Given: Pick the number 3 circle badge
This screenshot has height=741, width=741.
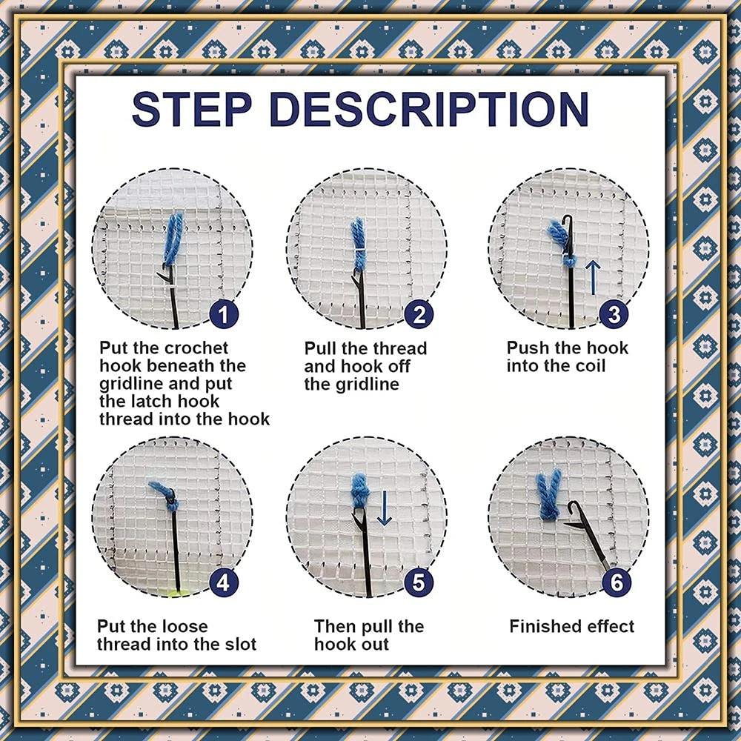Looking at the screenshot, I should point(613,315).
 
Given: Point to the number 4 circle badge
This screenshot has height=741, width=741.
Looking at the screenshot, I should point(223,582).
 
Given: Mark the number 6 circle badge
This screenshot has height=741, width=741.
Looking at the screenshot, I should point(616,582).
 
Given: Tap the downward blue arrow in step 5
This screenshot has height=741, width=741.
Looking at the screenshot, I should point(384,511).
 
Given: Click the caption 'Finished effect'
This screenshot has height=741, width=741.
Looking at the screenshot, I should point(571,626).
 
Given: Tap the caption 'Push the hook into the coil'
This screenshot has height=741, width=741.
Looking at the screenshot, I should point(567,356).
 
